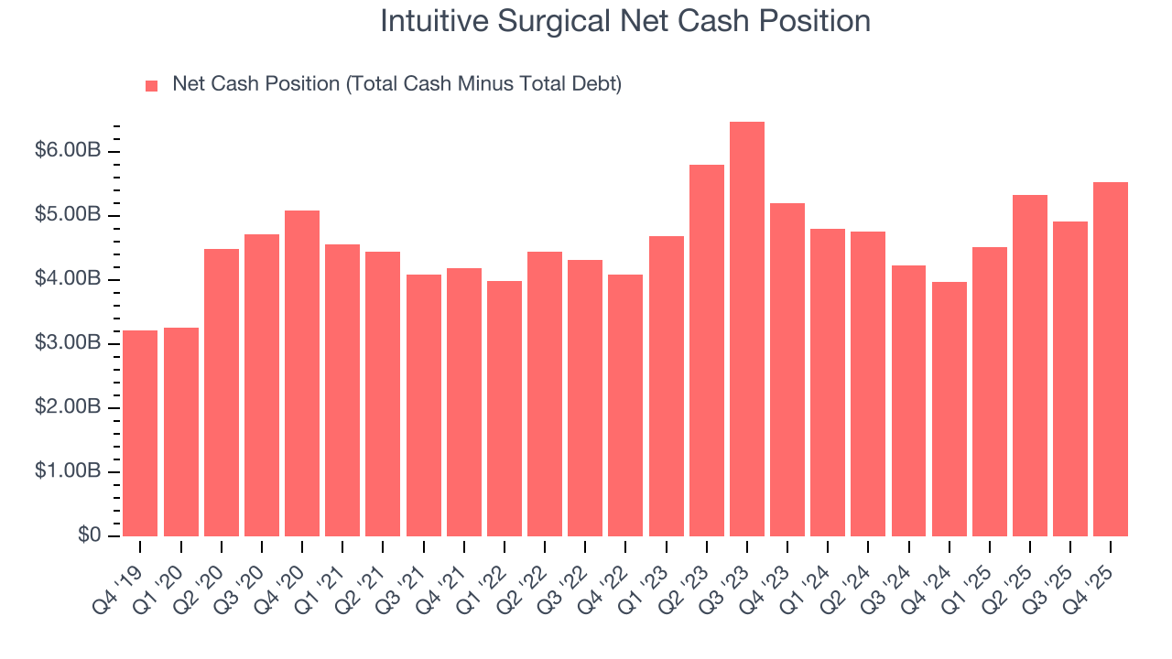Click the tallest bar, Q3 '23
click(746, 329)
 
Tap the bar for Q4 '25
click(1111, 359)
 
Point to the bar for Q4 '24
click(949, 409)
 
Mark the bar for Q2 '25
click(1030, 365)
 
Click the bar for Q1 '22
click(505, 408)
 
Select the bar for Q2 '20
click(222, 393)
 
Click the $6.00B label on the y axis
click(67, 150)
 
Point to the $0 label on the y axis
click(88, 535)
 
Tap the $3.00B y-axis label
click(67, 343)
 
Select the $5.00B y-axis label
click(67, 214)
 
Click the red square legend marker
click(152, 86)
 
